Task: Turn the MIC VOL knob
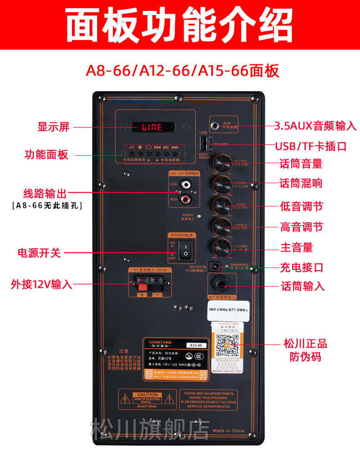click(222, 163)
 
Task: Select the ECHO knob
click(222, 184)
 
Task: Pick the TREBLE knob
click(222, 226)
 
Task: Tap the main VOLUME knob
click(222, 247)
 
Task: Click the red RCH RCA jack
click(185, 199)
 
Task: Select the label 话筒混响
click(301, 184)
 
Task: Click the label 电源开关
click(39, 252)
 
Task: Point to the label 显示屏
click(53, 127)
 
